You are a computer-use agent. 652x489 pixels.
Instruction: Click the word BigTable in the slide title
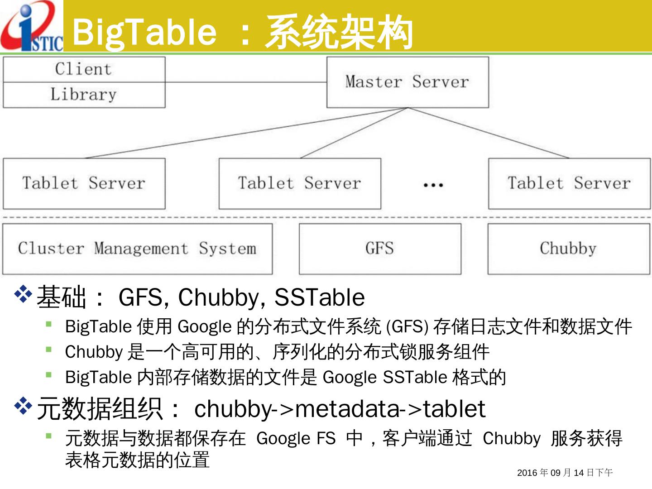pyautogui.click(x=144, y=32)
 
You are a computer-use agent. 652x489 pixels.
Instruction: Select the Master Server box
pyautogui.click(x=407, y=82)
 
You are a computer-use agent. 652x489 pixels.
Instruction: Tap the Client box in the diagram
pyautogui.click(x=84, y=69)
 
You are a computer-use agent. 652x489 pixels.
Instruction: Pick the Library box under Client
pyautogui.click(x=84, y=95)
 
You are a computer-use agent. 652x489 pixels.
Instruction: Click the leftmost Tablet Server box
pyautogui.click(x=84, y=183)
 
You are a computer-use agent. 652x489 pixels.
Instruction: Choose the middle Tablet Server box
pyautogui.click(x=300, y=183)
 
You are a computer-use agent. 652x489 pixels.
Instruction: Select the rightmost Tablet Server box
pyautogui.click(x=569, y=183)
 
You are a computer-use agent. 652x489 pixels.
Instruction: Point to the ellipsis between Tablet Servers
pyautogui.click(x=433, y=185)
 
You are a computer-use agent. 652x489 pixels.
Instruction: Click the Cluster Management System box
pyautogui.click(x=137, y=249)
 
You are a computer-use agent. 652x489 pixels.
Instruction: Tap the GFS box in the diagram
pyautogui.click(x=380, y=249)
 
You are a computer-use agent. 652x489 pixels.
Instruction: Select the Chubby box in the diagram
pyautogui.click(x=569, y=249)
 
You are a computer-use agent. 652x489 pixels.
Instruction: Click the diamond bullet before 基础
pyautogui.click(x=23, y=294)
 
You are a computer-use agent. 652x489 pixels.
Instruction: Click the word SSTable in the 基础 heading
pyautogui.click(x=319, y=297)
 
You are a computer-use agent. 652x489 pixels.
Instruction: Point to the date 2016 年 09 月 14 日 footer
pyautogui.click(x=565, y=473)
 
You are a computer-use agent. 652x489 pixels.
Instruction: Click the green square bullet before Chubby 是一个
pyautogui.click(x=49, y=349)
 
